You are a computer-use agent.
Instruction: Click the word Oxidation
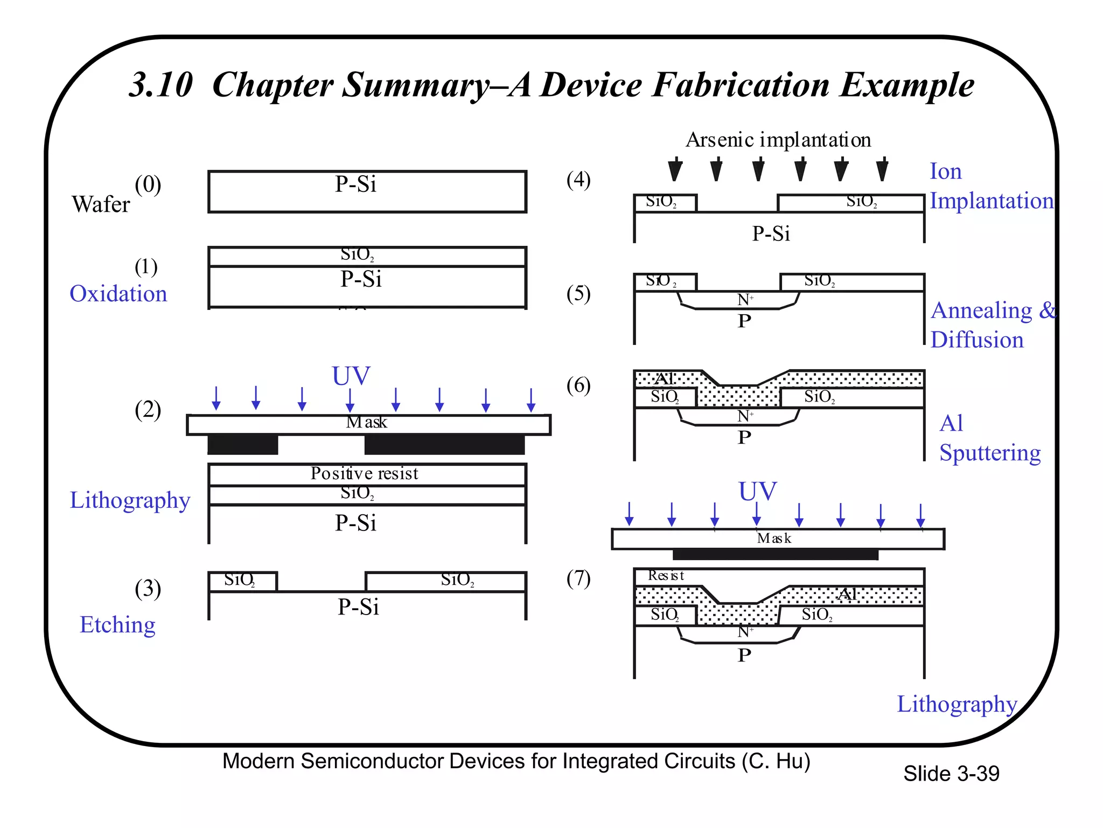pos(118,294)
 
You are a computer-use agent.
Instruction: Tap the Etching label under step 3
pos(117,625)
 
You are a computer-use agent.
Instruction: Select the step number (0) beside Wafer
pos(148,184)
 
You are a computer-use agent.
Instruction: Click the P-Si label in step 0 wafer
pos(355,184)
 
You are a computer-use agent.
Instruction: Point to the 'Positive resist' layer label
pos(364,473)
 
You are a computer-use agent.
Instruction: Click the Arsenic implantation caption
pos(778,140)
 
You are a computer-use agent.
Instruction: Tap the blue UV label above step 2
pos(351,376)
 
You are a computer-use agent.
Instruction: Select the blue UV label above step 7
pos(757,491)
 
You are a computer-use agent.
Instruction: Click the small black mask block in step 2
pos(243,445)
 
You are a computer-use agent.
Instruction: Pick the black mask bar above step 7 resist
pos(776,554)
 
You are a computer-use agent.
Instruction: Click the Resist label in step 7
pos(666,576)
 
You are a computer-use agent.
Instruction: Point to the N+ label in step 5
pos(745,300)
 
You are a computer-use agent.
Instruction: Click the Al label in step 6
pos(665,378)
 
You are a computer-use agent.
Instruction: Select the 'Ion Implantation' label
pos(991,186)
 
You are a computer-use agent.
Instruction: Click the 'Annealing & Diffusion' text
pos(992,325)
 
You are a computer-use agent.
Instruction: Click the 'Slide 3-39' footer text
pos(951,774)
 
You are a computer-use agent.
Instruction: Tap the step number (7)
pos(578,578)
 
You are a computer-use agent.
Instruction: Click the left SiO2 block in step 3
pos(242,581)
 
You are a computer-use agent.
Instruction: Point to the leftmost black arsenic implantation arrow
pos(675,170)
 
